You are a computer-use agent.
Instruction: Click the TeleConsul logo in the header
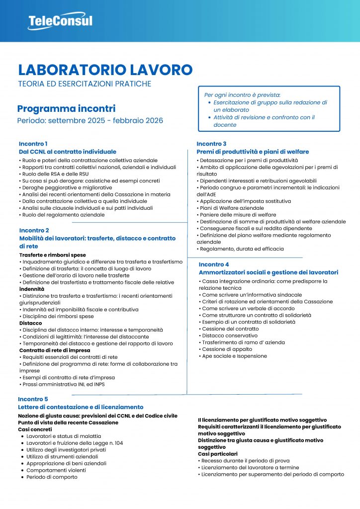pos(60,21)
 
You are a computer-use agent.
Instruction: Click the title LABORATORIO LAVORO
pos(105,70)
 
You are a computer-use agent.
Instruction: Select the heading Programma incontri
pos(66,108)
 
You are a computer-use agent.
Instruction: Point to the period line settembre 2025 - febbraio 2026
pos(90,121)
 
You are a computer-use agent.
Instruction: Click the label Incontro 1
pos(33,144)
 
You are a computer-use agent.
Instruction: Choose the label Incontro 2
pos(34,230)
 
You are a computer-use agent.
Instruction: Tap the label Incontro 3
pos(212,144)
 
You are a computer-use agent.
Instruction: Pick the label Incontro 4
pos(214,264)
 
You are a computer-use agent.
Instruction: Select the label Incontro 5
pos(33,399)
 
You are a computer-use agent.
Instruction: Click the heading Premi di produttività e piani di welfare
pos(253,152)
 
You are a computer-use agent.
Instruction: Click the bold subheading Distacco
pos(30,323)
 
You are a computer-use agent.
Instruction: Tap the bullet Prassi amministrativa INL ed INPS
pos(63,384)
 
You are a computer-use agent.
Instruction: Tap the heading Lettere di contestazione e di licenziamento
pos(81,407)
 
